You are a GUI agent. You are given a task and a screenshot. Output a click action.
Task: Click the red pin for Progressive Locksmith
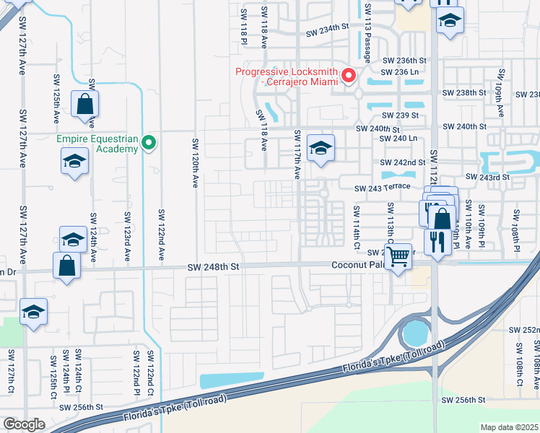[349, 76]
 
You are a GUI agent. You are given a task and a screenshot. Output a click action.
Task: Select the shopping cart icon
[399, 256]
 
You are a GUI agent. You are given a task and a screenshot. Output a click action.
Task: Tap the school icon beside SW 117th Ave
[321, 148]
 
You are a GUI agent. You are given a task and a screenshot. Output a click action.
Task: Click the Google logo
[24, 424]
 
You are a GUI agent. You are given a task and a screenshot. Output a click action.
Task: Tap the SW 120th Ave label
[194, 163]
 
